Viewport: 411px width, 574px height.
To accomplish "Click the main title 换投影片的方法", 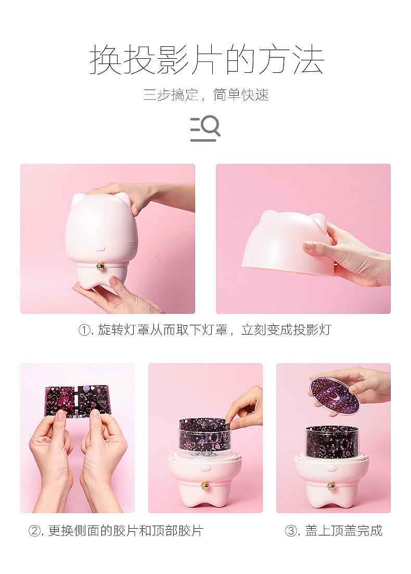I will click(x=207, y=60).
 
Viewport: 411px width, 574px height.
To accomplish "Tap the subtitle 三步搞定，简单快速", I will click(x=206, y=95).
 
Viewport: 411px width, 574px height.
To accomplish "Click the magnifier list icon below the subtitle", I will click(x=205, y=129).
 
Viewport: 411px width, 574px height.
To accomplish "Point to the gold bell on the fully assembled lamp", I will click(x=100, y=266).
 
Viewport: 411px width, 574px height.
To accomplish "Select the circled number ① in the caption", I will click(x=85, y=330).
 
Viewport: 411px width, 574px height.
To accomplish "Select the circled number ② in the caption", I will click(x=35, y=531).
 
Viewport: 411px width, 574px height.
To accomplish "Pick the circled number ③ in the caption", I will click(x=291, y=531).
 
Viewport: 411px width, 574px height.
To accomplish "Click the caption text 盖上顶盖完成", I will click(x=343, y=531).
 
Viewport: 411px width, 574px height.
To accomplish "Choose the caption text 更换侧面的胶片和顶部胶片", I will click(x=125, y=531).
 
